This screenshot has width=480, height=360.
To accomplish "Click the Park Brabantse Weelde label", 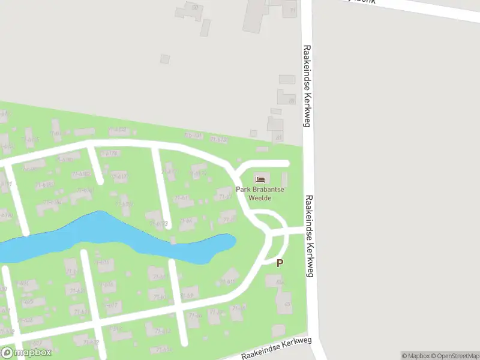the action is click(x=260, y=193).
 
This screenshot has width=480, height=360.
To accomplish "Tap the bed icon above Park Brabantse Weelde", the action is click(x=260, y=179).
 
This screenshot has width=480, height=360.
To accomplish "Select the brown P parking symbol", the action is click(x=280, y=263).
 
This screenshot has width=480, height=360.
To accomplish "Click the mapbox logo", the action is click(x=26, y=353).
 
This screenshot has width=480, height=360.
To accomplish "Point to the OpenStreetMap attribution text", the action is click(x=454, y=356).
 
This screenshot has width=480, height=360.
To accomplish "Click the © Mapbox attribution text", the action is click(x=415, y=356).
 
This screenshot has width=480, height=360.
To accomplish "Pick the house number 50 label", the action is click(x=194, y=7).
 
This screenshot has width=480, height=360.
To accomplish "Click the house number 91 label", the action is click(x=292, y=10).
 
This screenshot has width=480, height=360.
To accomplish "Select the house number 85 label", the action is click(x=292, y=101).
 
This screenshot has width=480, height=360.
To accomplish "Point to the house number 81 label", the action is click(x=278, y=137).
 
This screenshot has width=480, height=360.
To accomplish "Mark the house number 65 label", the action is click(x=287, y=304).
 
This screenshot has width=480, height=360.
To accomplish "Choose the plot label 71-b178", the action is click(x=110, y=154).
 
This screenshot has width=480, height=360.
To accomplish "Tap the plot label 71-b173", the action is click(x=159, y=224).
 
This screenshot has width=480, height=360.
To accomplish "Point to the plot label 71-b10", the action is click(x=228, y=281).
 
